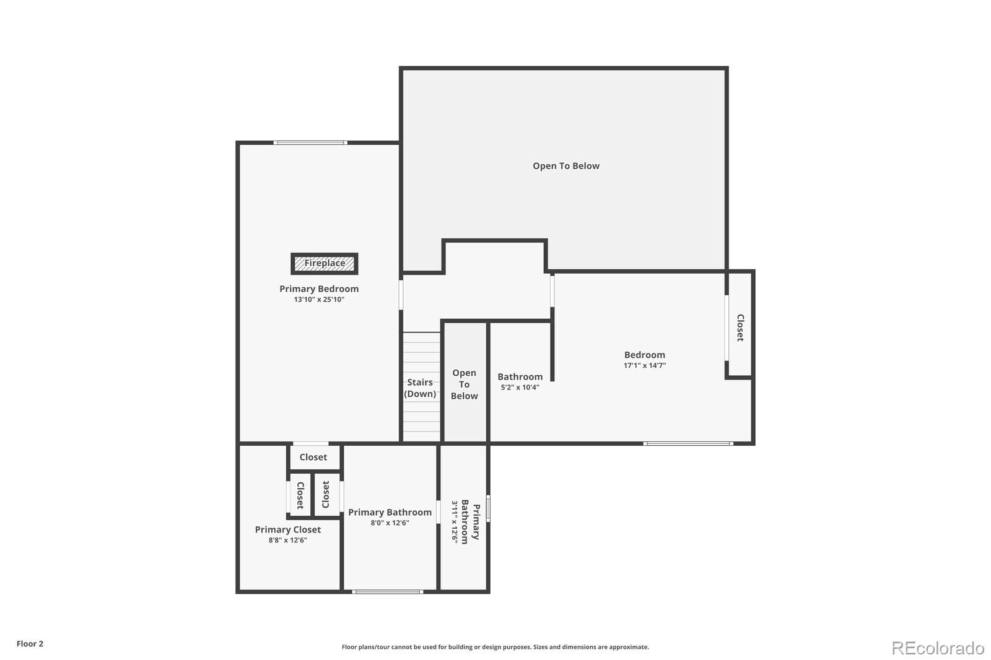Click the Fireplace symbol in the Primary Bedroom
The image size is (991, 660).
pyautogui.click(x=325, y=263)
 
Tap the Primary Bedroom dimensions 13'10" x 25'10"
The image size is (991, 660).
pyautogui.click(x=319, y=300)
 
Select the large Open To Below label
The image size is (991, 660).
pyautogui.click(x=565, y=166)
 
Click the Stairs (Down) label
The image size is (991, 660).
pyautogui.click(x=420, y=388)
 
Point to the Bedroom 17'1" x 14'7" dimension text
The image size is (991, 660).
pyautogui.click(x=644, y=366)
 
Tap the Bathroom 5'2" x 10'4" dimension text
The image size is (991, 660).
pyautogui.click(x=520, y=388)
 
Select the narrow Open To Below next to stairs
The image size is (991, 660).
pyautogui.click(x=464, y=384)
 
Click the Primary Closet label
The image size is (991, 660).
pyautogui.click(x=287, y=529)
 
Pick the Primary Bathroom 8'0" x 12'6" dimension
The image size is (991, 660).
pyautogui.click(x=390, y=523)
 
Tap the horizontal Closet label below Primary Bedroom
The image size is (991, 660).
pyautogui.click(x=313, y=458)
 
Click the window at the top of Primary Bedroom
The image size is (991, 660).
pyautogui.click(x=310, y=143)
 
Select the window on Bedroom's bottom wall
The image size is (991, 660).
pyautogui.click(x=688, y=443)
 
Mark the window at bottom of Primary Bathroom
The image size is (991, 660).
pyautogui.click(x=388, y=592)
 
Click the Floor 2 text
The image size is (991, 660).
pyautogui.click(x=30, y=644)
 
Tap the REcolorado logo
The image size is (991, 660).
pyautogui.click(x=937, y=648)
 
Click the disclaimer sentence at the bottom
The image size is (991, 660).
pyautogui.click(x=495, y=647)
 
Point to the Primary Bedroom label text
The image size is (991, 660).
pyautogui.click(x=319, y=289)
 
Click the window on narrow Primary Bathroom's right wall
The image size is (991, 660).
pyautogui.click(x=488, y=508)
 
